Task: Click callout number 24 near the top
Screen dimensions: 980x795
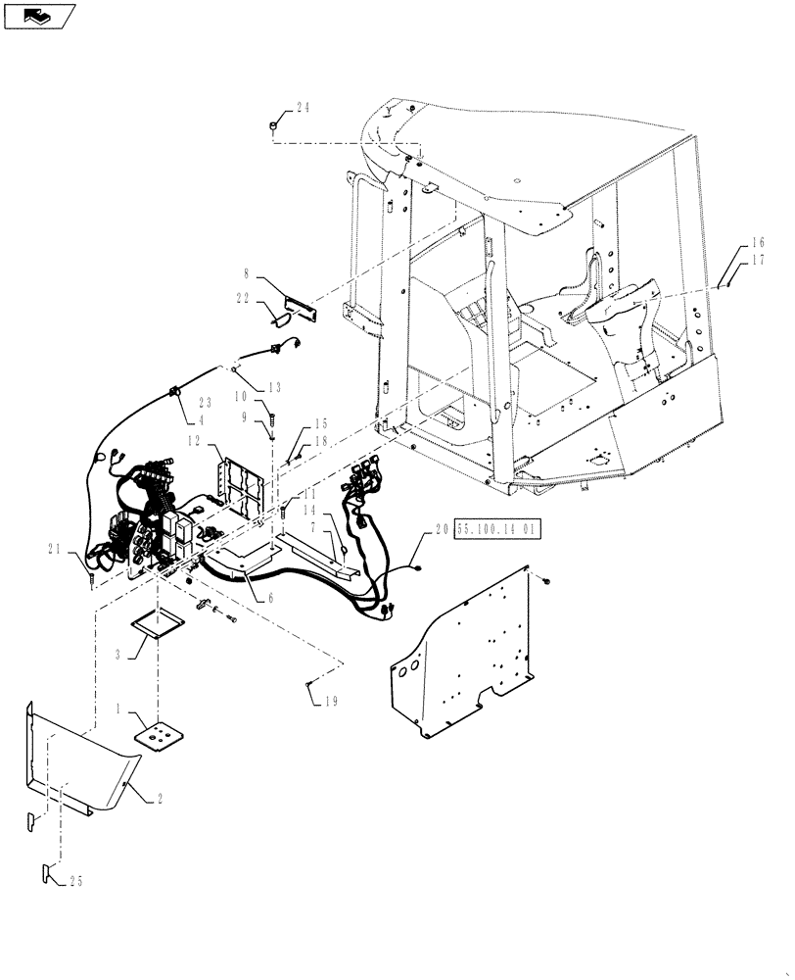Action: [x=302, y=109]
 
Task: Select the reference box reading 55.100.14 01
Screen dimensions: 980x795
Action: [x=497, y=528]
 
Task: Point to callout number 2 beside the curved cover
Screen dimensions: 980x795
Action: [x=159, y=799]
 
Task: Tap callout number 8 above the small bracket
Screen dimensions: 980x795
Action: [x=247, y=277]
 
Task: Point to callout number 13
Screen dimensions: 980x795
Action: [x=273, y=385]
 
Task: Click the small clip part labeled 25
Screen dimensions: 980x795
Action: [x=48, y=871]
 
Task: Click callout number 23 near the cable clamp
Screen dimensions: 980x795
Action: [x=206, y=402]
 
